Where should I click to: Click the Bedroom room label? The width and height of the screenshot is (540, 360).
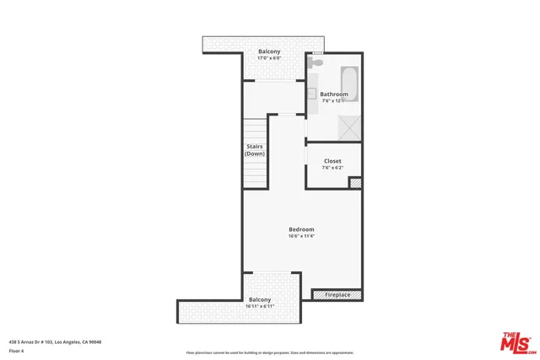click(x=301, y=229)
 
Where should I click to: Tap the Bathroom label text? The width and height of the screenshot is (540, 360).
click(x=334, y=94)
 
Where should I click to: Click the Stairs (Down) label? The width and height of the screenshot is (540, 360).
click(x=255, y=150)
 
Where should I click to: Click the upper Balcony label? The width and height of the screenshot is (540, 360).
click(x=269, y=51)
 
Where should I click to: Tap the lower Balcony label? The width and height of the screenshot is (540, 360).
click(x=260, y=299)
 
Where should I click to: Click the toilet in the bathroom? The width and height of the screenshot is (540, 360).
click(x=316, y=62)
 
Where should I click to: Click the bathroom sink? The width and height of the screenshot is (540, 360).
click(x=310, y=94)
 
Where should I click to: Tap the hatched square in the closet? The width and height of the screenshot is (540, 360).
click(x=355, y=181)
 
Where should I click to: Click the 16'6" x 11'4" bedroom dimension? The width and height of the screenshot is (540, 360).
click(x=301, y=236)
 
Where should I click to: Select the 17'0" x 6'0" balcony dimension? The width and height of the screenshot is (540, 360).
click(x=269, y=58)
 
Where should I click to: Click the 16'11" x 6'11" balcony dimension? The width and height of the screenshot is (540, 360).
click(x=260, y=306)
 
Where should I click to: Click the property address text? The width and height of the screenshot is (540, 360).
click(x=54, y=341)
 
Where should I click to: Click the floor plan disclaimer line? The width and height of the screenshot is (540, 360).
click(x=269, y=352)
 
